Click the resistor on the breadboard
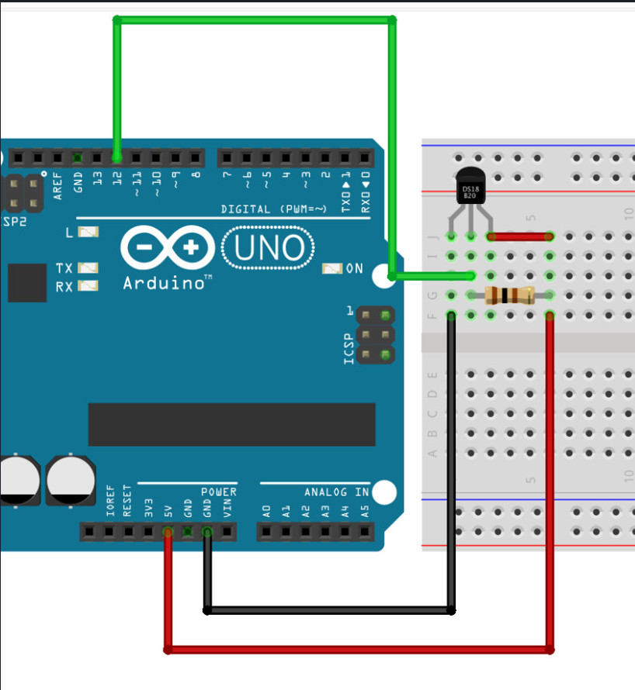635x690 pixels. (x=509, y=295)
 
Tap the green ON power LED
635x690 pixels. (x=332, y=268)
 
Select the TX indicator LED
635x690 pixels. (x=88, y=268)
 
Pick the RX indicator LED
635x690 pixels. (x=88, y=286)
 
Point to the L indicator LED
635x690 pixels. (x=88, y=232)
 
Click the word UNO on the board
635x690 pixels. (x=269, y=248)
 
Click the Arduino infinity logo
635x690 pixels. (x=167, y=248)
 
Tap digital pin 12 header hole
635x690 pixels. (x=116, y=158)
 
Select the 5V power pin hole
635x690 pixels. (x=167, y=532)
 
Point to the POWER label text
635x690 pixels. (x=218, y=492)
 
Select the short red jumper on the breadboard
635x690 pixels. (x=519, y=236)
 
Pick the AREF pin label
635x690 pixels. (x=58, y=186)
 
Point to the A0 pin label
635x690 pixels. (x=266, y=511)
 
